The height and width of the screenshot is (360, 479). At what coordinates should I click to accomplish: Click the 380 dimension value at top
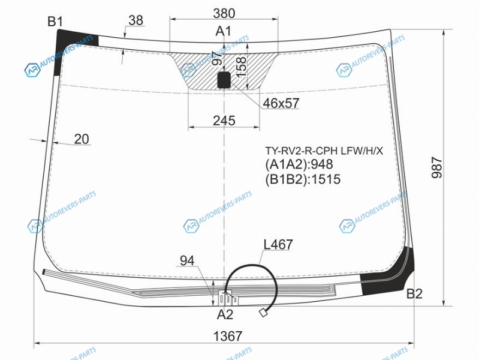tap(224, 13)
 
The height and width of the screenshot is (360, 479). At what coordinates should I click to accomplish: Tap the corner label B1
tap(55, 22)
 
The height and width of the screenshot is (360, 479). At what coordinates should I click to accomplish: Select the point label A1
tap(224, 31)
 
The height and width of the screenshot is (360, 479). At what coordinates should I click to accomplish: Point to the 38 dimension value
tap(136, 20)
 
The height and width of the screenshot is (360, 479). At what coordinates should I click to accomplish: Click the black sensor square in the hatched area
tap(224, 80)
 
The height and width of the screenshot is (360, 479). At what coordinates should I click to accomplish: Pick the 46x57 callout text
tap(281, 103)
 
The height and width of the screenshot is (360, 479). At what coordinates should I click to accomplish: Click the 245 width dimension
tap(224, 121)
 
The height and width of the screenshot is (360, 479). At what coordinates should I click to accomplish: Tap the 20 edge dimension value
tap(82, 139)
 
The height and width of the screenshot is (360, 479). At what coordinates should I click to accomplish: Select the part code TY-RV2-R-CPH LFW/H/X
tap(324, 151)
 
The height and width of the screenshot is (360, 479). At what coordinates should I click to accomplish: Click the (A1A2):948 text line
tap(299, 164)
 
